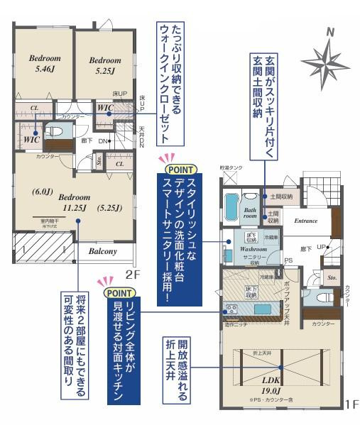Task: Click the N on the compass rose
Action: point(329,33)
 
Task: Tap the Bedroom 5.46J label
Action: point(45,64)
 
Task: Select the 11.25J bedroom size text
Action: point(74,208)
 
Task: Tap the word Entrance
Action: point(305,221)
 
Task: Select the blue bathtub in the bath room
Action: point(232,208)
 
